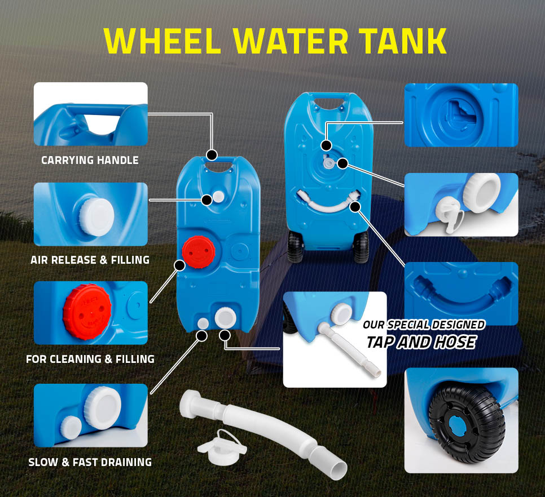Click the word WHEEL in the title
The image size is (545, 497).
pos(162,41)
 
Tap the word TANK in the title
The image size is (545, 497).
pos(402,41)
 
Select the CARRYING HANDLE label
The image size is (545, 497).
pos(90,160)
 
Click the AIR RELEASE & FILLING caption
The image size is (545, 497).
pos(90,260)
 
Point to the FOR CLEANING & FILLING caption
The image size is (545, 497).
pos(90,359)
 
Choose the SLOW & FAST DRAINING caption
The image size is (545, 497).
pos(90,462)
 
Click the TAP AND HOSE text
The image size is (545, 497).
pos(421,342)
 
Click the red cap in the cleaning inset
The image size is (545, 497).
pos(87,312)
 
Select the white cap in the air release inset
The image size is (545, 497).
pos(96,218)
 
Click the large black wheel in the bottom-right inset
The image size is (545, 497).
pos(467,424)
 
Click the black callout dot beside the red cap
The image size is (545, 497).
pos(179,265)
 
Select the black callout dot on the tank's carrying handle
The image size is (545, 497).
pos(212,154)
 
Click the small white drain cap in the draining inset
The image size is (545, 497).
pos(71,427)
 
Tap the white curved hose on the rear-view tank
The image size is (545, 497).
pos(328,203)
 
